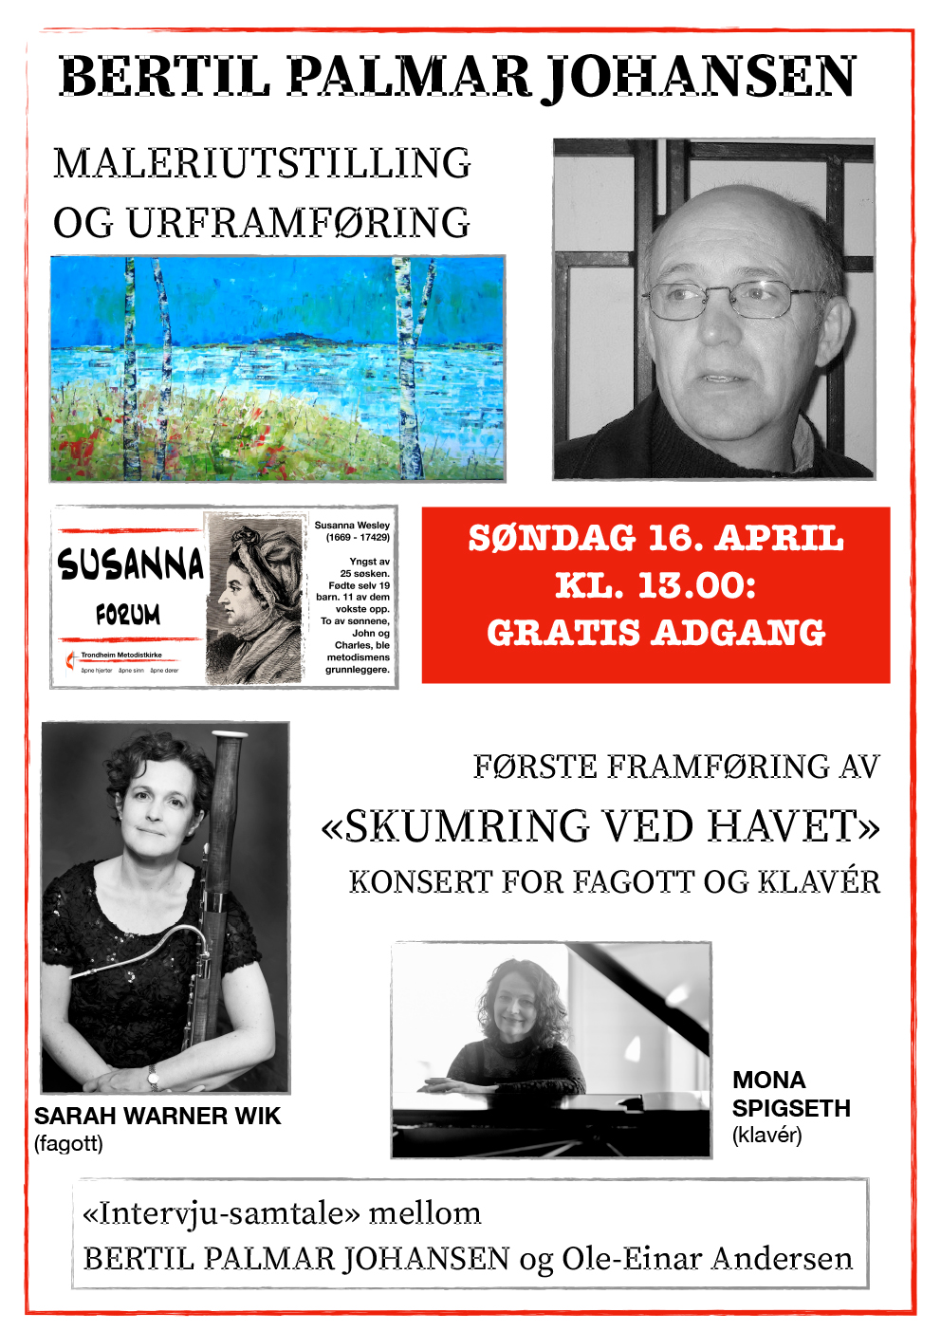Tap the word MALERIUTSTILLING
tap(262, 163)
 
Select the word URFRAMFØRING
tap(298, 224)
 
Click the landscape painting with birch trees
tap(277, 368)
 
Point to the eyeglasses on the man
tap(730, 300)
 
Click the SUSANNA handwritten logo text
tap(130, 564)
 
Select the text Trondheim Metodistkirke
tap(121, 655)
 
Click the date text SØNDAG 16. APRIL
tap(655, 538)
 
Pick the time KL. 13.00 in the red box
tap(655, 585)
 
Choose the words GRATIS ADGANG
tap(655, 633)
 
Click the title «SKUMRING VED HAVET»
tap(600, 826)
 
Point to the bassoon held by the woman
tap(225, 854)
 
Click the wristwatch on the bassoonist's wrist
tap(153, 1076)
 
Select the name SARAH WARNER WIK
tap(157, 1117)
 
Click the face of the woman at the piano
tap(513, 1007)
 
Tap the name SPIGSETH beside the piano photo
tap(791, 1108)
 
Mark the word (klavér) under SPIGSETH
tap(766, 1136)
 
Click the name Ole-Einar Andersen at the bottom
tap(707, 1259)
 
